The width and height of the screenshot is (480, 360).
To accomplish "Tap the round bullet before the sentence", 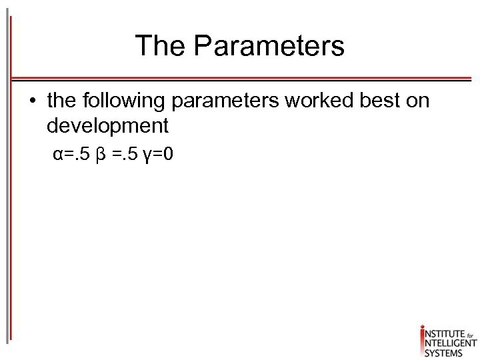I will [32, 101].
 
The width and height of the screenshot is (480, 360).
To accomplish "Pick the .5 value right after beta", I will [129, 155].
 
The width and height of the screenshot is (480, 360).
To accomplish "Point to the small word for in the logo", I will [469, 331].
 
